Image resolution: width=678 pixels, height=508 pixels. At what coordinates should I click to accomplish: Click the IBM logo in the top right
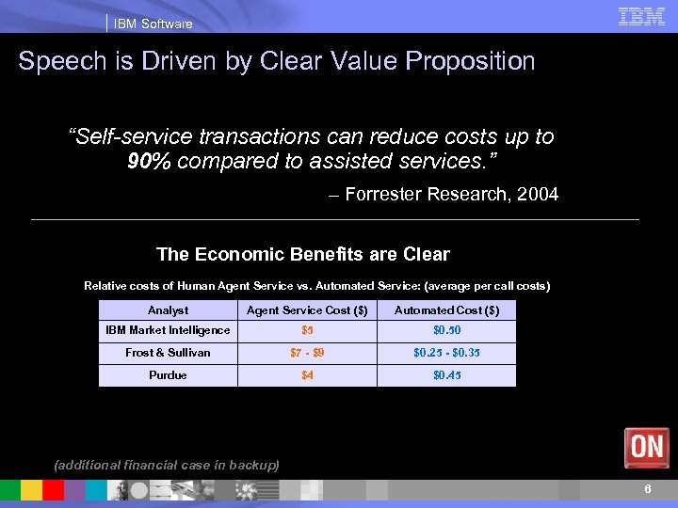point(641,17)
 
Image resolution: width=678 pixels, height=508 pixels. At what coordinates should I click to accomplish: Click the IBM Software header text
point(153,24)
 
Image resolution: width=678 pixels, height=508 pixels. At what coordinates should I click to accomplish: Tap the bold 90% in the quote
point(149,161)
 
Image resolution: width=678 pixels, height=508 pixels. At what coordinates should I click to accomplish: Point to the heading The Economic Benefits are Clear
point(303,254)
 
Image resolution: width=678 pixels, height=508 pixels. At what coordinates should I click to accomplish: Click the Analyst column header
point(168,310)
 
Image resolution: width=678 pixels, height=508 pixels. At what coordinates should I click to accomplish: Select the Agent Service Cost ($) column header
point(307,310)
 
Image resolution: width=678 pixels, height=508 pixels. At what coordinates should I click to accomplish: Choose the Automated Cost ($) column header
point(446,310)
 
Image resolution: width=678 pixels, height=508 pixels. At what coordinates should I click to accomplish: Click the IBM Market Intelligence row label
point(168,330)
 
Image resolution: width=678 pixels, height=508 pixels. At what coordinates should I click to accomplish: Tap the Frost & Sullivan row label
point(168,353)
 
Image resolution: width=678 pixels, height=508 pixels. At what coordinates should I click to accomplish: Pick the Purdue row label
point(168,375)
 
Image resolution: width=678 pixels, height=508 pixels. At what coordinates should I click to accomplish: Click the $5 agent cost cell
point(307,331)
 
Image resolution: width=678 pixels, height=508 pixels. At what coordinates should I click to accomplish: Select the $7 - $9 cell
point(307,353)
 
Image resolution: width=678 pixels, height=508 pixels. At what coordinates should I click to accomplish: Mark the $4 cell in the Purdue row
point(307,375)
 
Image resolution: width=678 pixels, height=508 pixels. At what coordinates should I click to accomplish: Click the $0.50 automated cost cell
point(446,331)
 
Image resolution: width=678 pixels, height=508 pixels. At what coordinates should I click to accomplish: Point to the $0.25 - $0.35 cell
point(446,353)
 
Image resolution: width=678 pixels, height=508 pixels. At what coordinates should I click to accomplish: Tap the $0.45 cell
point(446,375)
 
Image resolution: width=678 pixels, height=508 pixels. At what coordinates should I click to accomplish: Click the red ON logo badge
point(647,447)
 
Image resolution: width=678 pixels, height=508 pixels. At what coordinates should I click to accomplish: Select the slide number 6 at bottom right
point(648,489)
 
